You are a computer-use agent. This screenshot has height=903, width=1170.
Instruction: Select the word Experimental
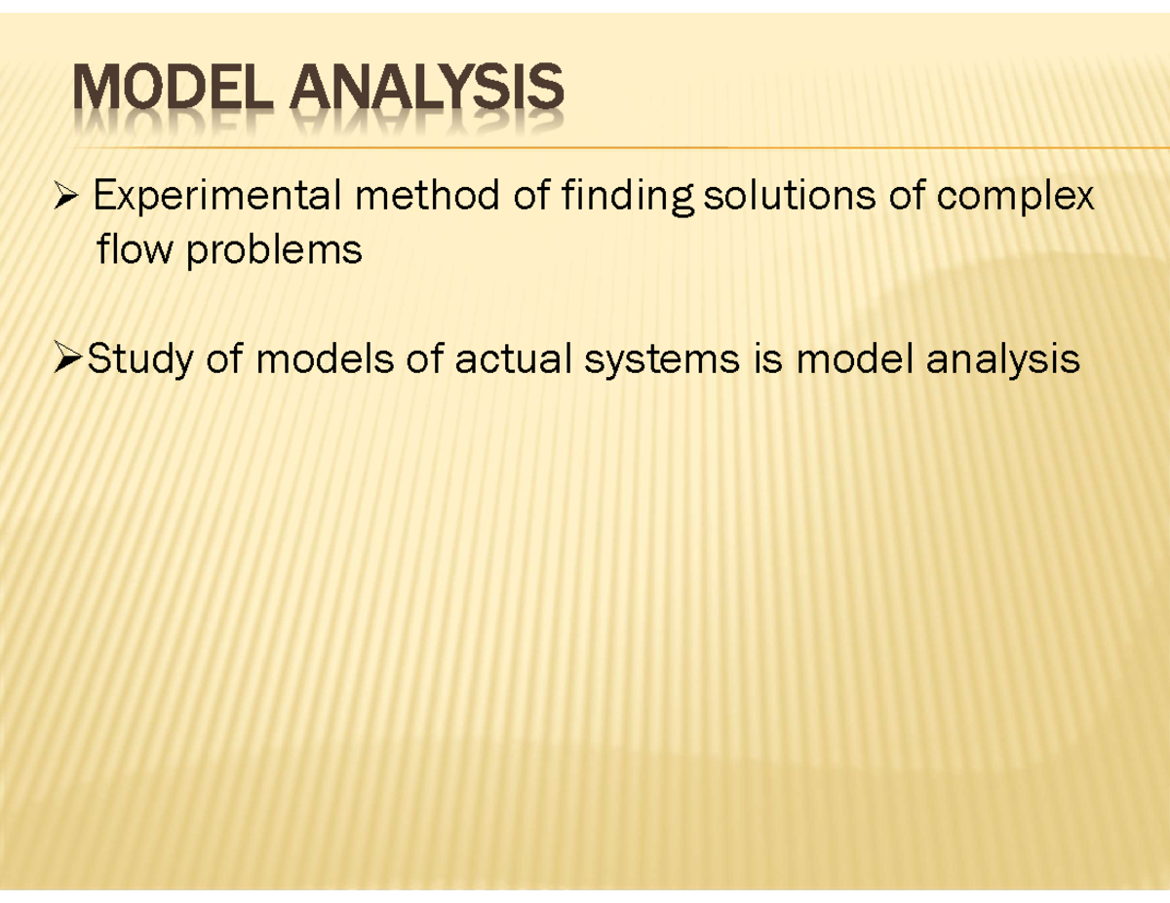[x=216, y=198]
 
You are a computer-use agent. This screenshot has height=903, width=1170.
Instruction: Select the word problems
[x=274, y=252]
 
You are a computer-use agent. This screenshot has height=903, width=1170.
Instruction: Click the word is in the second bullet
[x=768, y=359]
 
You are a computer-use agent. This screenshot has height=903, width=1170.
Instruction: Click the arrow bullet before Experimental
[x=66, y=200]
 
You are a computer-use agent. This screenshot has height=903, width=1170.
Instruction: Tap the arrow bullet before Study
[x=66, y=361]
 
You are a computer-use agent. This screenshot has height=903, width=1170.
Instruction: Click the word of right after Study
[x=224, y=359]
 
